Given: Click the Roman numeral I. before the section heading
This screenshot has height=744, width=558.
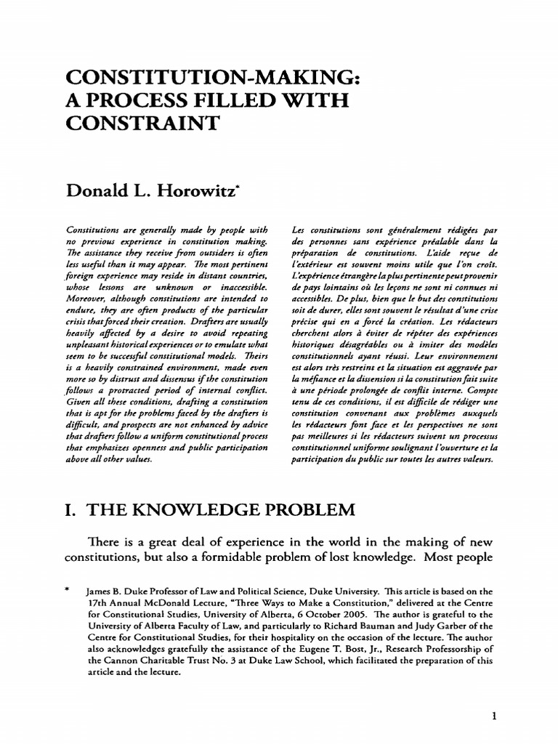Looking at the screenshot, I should coord(72,509).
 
